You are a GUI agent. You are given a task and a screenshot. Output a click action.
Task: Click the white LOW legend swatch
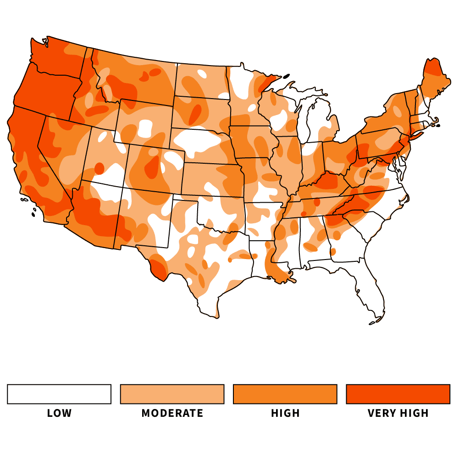click(59, 394)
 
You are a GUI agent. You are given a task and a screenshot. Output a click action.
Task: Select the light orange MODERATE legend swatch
click(172, 394)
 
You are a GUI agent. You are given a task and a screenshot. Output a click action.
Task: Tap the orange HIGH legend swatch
click(285, 394)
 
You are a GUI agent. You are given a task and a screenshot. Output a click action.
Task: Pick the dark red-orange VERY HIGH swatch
click(398, 394)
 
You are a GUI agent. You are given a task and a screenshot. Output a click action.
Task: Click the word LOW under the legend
click(60, 413)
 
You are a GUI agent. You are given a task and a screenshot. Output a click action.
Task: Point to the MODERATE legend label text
click(172, 413)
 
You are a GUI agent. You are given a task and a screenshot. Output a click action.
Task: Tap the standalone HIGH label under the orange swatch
click(285, 413)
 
